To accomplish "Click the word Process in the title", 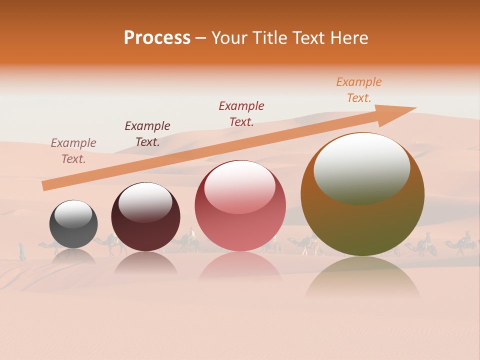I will (157, 38).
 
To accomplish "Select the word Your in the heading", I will (230, 38).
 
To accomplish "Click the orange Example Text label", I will (359, 90).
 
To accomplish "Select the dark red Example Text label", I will (241, 113).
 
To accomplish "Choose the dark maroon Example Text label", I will (147, 133).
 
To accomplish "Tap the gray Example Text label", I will (73, 150).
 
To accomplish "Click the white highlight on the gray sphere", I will (73, 214).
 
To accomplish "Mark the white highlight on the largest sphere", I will (361, 167).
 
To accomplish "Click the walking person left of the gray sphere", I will (22, 251).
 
